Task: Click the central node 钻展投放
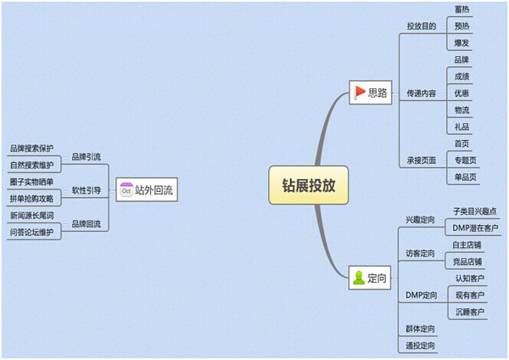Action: point(309,185)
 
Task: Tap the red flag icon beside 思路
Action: point(360,93)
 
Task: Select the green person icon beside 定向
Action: point(359,278)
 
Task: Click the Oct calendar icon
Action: point(126,189)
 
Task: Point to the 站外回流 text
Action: point(154,190)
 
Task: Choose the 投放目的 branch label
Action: point(422,26)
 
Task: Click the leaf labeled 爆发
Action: point(461,43)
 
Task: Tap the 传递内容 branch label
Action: point(422,93)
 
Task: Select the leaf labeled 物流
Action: point(461,110)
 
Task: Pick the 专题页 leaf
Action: point(465,160)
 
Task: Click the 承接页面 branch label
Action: point(422,160)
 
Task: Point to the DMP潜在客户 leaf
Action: point(475,228)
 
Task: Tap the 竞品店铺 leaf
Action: point(467,262)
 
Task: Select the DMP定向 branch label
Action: point(422,295)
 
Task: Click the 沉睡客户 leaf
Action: point(470,312)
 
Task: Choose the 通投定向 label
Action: point(420,346)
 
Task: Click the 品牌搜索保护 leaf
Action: point(31,149)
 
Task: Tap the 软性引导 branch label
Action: point(86,190)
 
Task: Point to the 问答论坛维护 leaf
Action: point(31,233)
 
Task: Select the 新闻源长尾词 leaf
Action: point(31,216)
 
